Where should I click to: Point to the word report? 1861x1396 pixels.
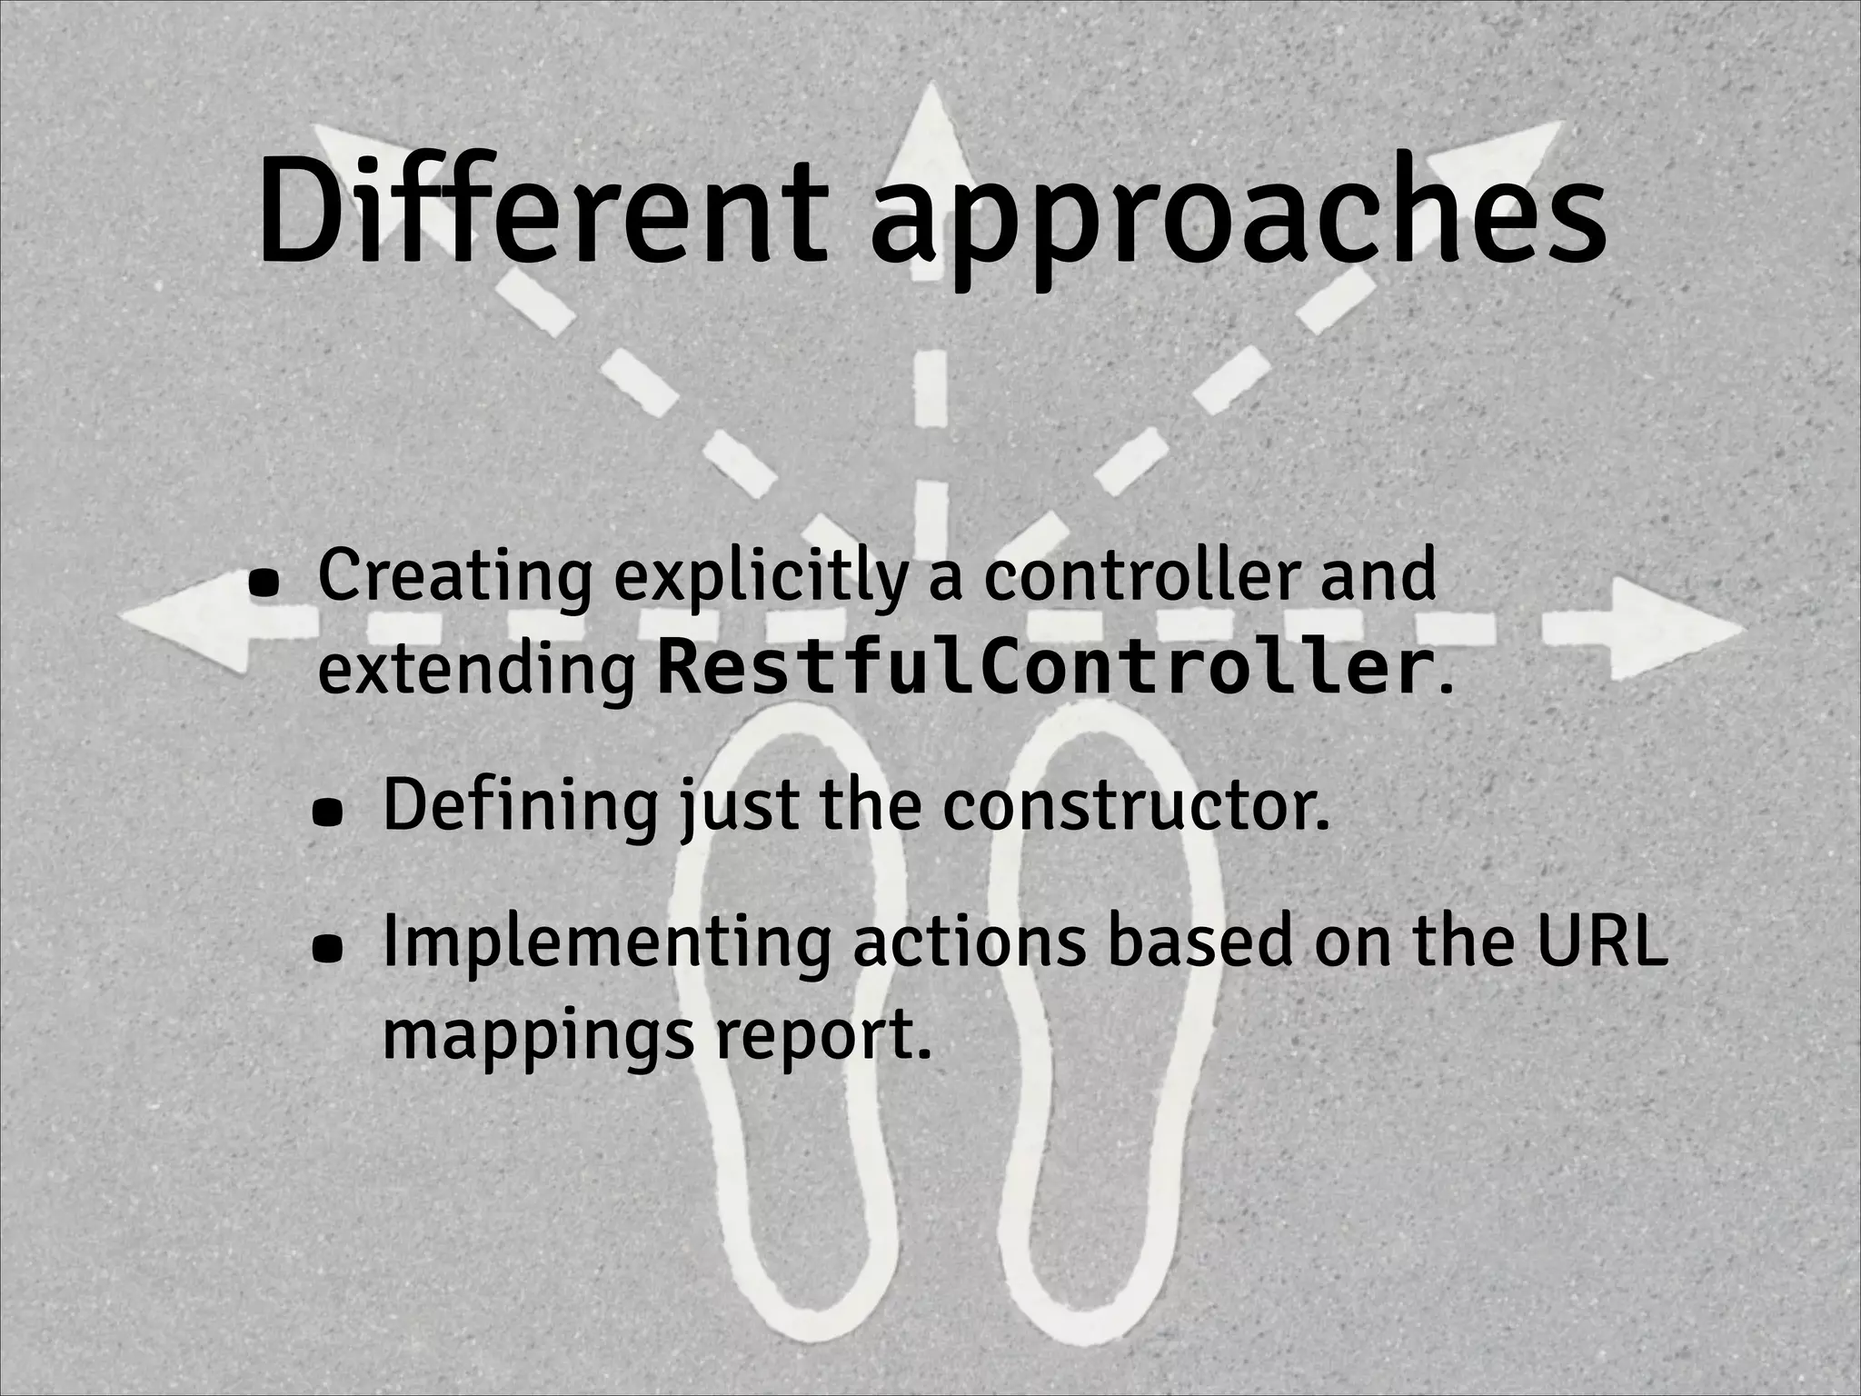tap(823, 1036)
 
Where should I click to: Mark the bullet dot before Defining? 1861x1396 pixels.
tap(329, 814)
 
